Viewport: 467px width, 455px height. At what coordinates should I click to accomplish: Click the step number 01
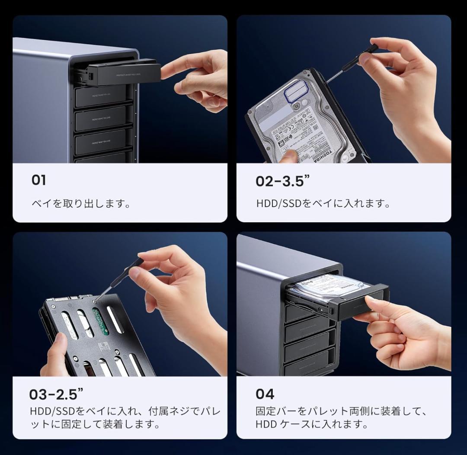click(38, 180)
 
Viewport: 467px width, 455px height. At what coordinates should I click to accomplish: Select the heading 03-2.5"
click(56, 394)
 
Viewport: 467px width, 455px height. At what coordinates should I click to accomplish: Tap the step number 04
click(265, 394)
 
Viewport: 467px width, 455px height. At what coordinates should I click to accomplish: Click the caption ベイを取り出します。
click(81, 203)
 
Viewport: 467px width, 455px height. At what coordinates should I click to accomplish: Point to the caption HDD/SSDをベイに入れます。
click(323, 203)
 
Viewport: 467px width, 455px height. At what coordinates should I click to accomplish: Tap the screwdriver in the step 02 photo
click(350, 65)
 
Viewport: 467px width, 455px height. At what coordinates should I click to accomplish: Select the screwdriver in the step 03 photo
click(121, 277)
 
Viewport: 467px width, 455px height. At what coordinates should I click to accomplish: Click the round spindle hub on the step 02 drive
click(297, 105)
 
